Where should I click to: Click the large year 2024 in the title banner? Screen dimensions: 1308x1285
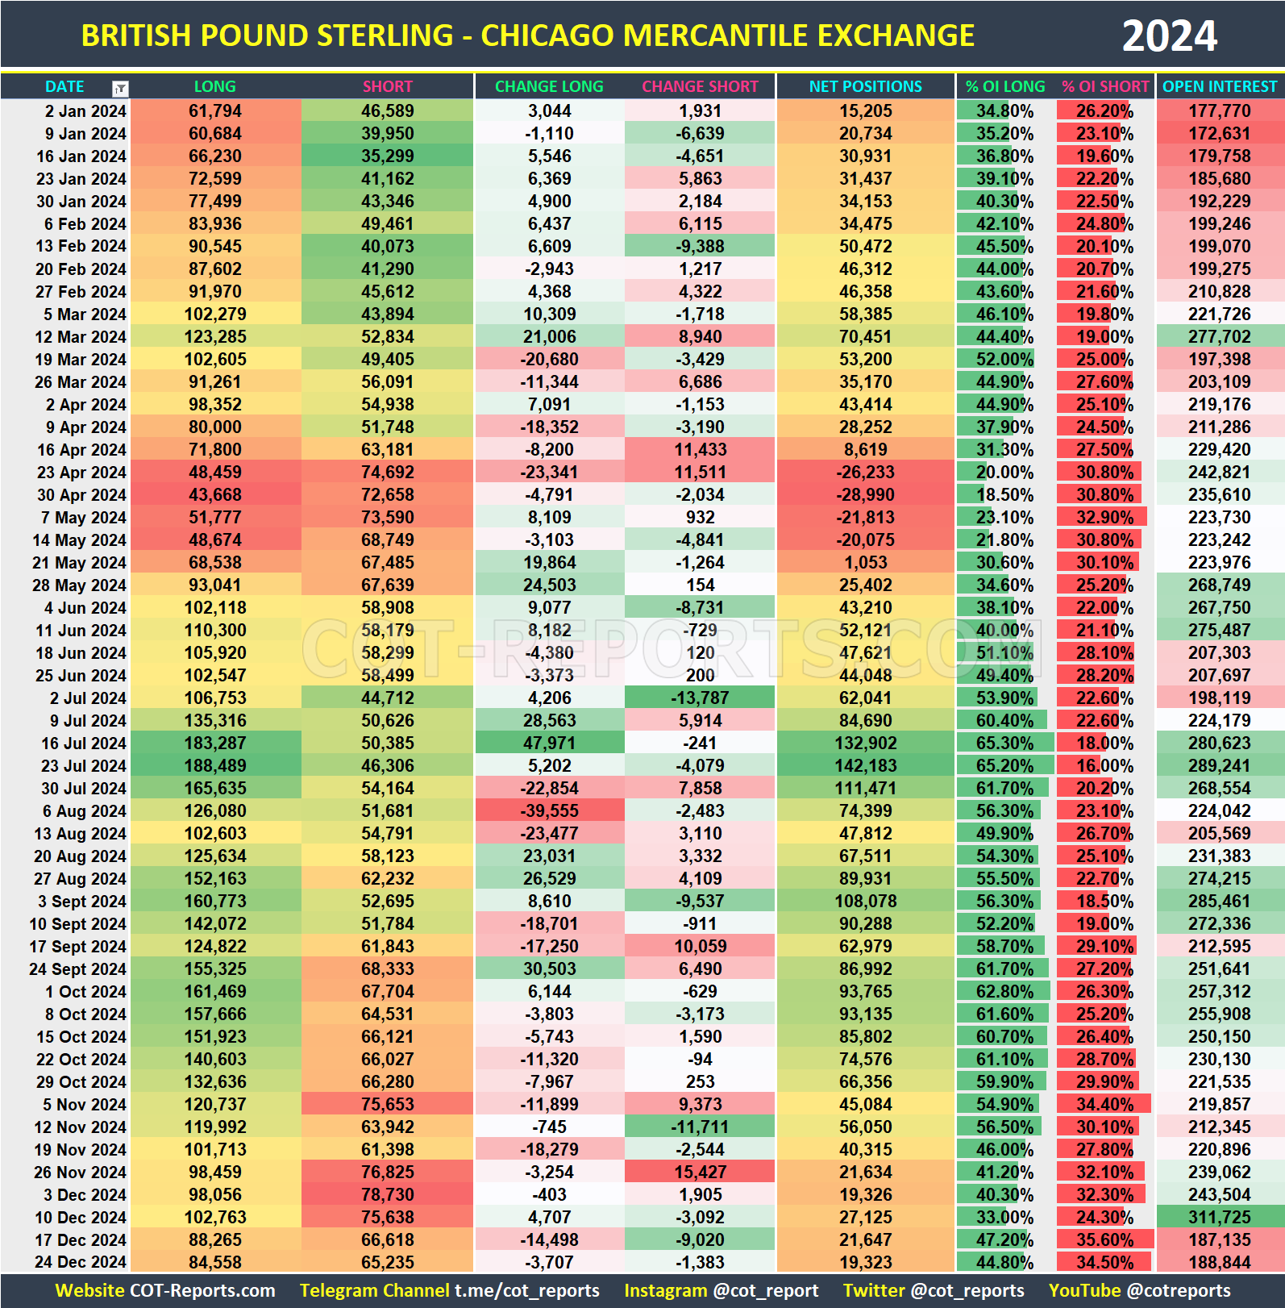[1169, 36]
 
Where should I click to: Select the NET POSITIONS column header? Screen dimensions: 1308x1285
[865, 86]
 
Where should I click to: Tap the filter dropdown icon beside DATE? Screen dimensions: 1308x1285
[120, 88]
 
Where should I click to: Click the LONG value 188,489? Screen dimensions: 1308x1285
[215, 765]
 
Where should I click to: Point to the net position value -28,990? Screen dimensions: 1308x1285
[865, 494]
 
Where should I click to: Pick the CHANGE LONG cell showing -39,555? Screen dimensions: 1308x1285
[549, 810]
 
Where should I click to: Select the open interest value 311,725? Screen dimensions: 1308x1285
[1219, 1217]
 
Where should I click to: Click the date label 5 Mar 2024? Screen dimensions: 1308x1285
[80, 314]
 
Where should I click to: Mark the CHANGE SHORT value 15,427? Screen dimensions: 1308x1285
[700, 1172]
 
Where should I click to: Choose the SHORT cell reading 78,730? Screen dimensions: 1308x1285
[387, 1194]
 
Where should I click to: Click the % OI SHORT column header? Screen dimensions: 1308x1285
[1104, 86]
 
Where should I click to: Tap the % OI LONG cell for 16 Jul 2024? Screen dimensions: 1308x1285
[1004, 743]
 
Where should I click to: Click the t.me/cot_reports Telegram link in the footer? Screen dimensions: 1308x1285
[526, 1290]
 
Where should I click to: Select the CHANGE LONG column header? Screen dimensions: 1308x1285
[549, 86]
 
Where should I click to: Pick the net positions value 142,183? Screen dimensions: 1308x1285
[865, 765]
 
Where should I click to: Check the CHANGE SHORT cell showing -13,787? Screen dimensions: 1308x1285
[700, 698]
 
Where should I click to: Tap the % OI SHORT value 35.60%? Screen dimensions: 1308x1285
[1104, 1239]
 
